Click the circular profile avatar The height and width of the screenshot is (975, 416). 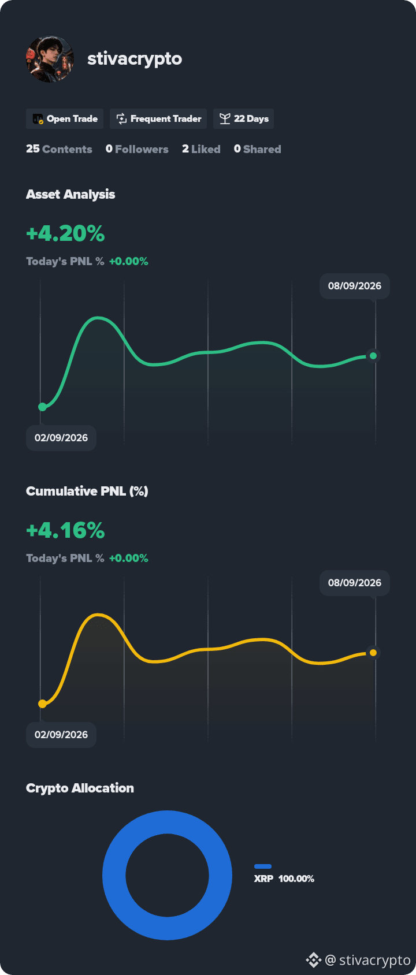pyautogui.click(x=50, y=59)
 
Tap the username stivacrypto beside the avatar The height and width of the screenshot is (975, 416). pyautogui.click(x=135, y=59)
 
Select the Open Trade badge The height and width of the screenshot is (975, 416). pyautogui.click(x=65, y=119)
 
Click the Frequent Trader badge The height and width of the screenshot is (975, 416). pyautogui.click(x=158, y=119)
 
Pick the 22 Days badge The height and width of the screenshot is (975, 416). pyautogui.click(x=243, y=119)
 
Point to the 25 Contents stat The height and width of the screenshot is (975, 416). pyautogui.click(x=60, y=149)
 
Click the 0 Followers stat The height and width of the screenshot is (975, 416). pyautogui.click(x=137, y=149)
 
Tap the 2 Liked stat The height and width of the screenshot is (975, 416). pyautogui.click(x=201, y=149)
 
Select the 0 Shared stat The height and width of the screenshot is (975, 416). pyautogui.click(x=258, y=149)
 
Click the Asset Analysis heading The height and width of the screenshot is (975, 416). pyautogui.click(x=70, y=194)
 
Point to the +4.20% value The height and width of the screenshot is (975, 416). pyautogui.click(x=65, y=233)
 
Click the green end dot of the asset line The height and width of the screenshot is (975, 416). pyautogui.click(x=373, y=356)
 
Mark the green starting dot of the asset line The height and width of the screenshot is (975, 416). pyautogui.click(x=42, y=407)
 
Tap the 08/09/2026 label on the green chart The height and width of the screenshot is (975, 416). pyautogui.click(x=355, y=286)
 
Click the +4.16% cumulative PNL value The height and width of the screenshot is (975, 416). pyautogui.click(x=65, y=530)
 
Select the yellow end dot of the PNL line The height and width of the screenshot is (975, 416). pyautogui.click(x=373, y=653)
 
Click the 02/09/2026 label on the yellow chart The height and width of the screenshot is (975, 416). pyautogui.click(x=61, y=735)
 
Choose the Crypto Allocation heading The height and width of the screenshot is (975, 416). pyautogui.click(x=80, y=788)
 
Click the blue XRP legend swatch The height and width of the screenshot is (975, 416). pyautogui.click(x=263, y=866)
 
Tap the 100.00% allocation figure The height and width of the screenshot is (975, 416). pyautogui.click(x=296, y=879)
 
